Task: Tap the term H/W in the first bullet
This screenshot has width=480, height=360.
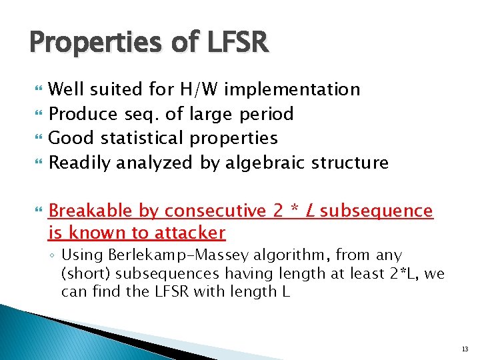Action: [x=201, y=89]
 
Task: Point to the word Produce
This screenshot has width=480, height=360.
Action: [x=85, y=114]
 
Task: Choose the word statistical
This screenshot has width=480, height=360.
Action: [x=141, y=138]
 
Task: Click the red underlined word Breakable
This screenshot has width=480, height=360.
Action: [x=91, y=211]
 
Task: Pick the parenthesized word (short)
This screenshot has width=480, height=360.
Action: [x=87, y=274]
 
